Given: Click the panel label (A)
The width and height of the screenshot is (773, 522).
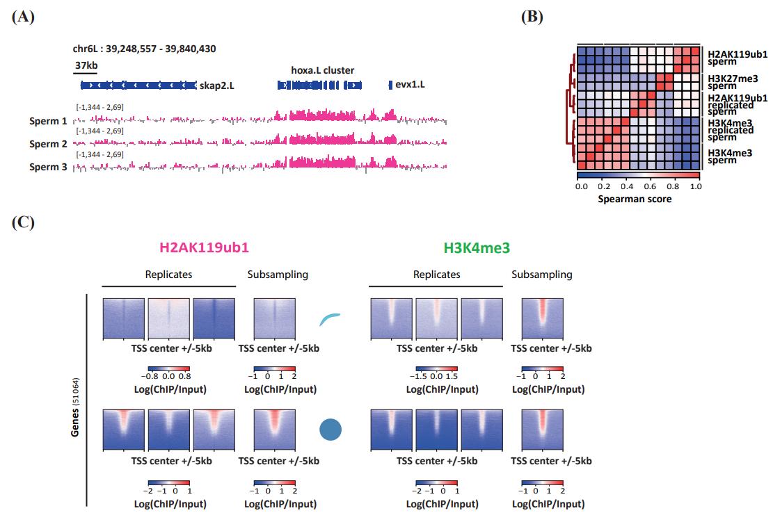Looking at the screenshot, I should (x=22, y=17).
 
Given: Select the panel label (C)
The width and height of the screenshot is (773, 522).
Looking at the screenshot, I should (x=22, y=224).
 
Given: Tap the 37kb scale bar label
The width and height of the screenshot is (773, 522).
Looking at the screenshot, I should (x=86, y=65).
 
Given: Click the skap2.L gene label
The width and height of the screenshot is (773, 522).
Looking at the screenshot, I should (x=217, y=85).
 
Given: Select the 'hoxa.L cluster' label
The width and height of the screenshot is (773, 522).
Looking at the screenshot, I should (x=322, y=70).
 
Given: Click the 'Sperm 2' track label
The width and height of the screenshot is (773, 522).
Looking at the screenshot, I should (x=49, y=144).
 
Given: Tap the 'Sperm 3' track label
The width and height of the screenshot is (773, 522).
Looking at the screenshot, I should (x=49, y=168).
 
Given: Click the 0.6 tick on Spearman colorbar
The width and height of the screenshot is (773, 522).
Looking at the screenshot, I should (x=650, y=186).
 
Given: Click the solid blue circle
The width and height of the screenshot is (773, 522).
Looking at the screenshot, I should (x=331, y=429).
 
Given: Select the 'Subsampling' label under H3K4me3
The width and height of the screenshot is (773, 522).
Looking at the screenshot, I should (x=542, y=275).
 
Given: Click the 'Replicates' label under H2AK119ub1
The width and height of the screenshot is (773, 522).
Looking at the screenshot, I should (x=168, y=275).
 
